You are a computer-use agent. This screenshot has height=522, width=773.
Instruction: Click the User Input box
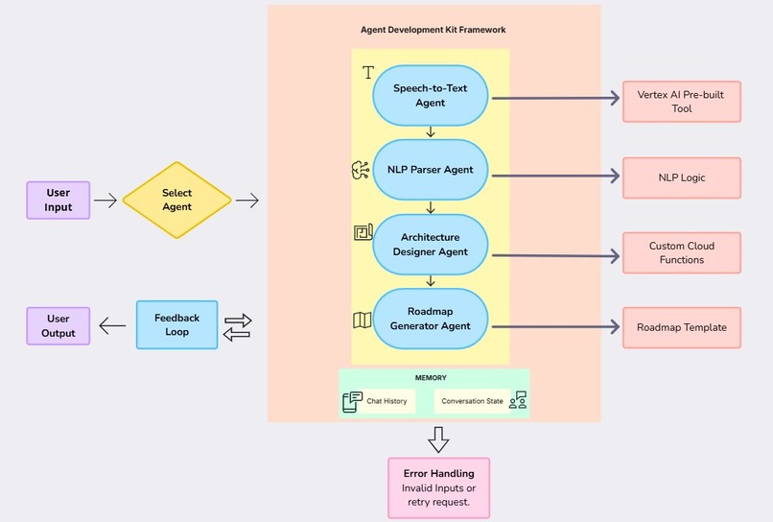tap(58, 200)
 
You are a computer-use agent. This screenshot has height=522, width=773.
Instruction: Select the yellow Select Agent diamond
tap(176, 200)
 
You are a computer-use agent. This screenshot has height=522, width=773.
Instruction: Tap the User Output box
tap(58, 326)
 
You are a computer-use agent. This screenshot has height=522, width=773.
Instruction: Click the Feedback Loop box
tap(176, 324)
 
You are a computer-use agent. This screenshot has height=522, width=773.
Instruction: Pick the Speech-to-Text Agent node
tap(430, 96)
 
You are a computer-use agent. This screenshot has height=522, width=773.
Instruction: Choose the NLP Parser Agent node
tap(430, 170)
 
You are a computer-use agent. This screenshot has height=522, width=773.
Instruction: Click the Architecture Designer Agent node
tap(430, 244)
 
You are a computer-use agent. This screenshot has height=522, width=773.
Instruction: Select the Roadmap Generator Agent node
tap(430, 319)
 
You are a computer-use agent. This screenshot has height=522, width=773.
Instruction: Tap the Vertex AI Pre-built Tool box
tap(681, 102)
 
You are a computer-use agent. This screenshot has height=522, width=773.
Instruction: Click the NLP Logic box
tap(681, 177)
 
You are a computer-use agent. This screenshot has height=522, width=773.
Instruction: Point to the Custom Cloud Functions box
tap(681, 252)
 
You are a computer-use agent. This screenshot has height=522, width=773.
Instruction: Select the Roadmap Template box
tap(681, 327)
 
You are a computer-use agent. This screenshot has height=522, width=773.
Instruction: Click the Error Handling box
tap(437, 487)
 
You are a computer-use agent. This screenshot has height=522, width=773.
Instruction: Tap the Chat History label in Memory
tap(387, 401)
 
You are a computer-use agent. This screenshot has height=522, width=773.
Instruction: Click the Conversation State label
tap(472, 401)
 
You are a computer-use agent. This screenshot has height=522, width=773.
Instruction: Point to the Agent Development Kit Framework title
tap(433, 30)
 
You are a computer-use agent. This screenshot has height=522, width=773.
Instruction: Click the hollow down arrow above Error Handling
tap(438, 439)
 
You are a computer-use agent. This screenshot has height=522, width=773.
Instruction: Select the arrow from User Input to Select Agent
tap(105, 201)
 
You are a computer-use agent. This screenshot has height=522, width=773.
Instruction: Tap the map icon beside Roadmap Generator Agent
tap(362, 320)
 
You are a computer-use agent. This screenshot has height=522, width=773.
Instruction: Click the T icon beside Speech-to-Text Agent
tap(367, 73)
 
